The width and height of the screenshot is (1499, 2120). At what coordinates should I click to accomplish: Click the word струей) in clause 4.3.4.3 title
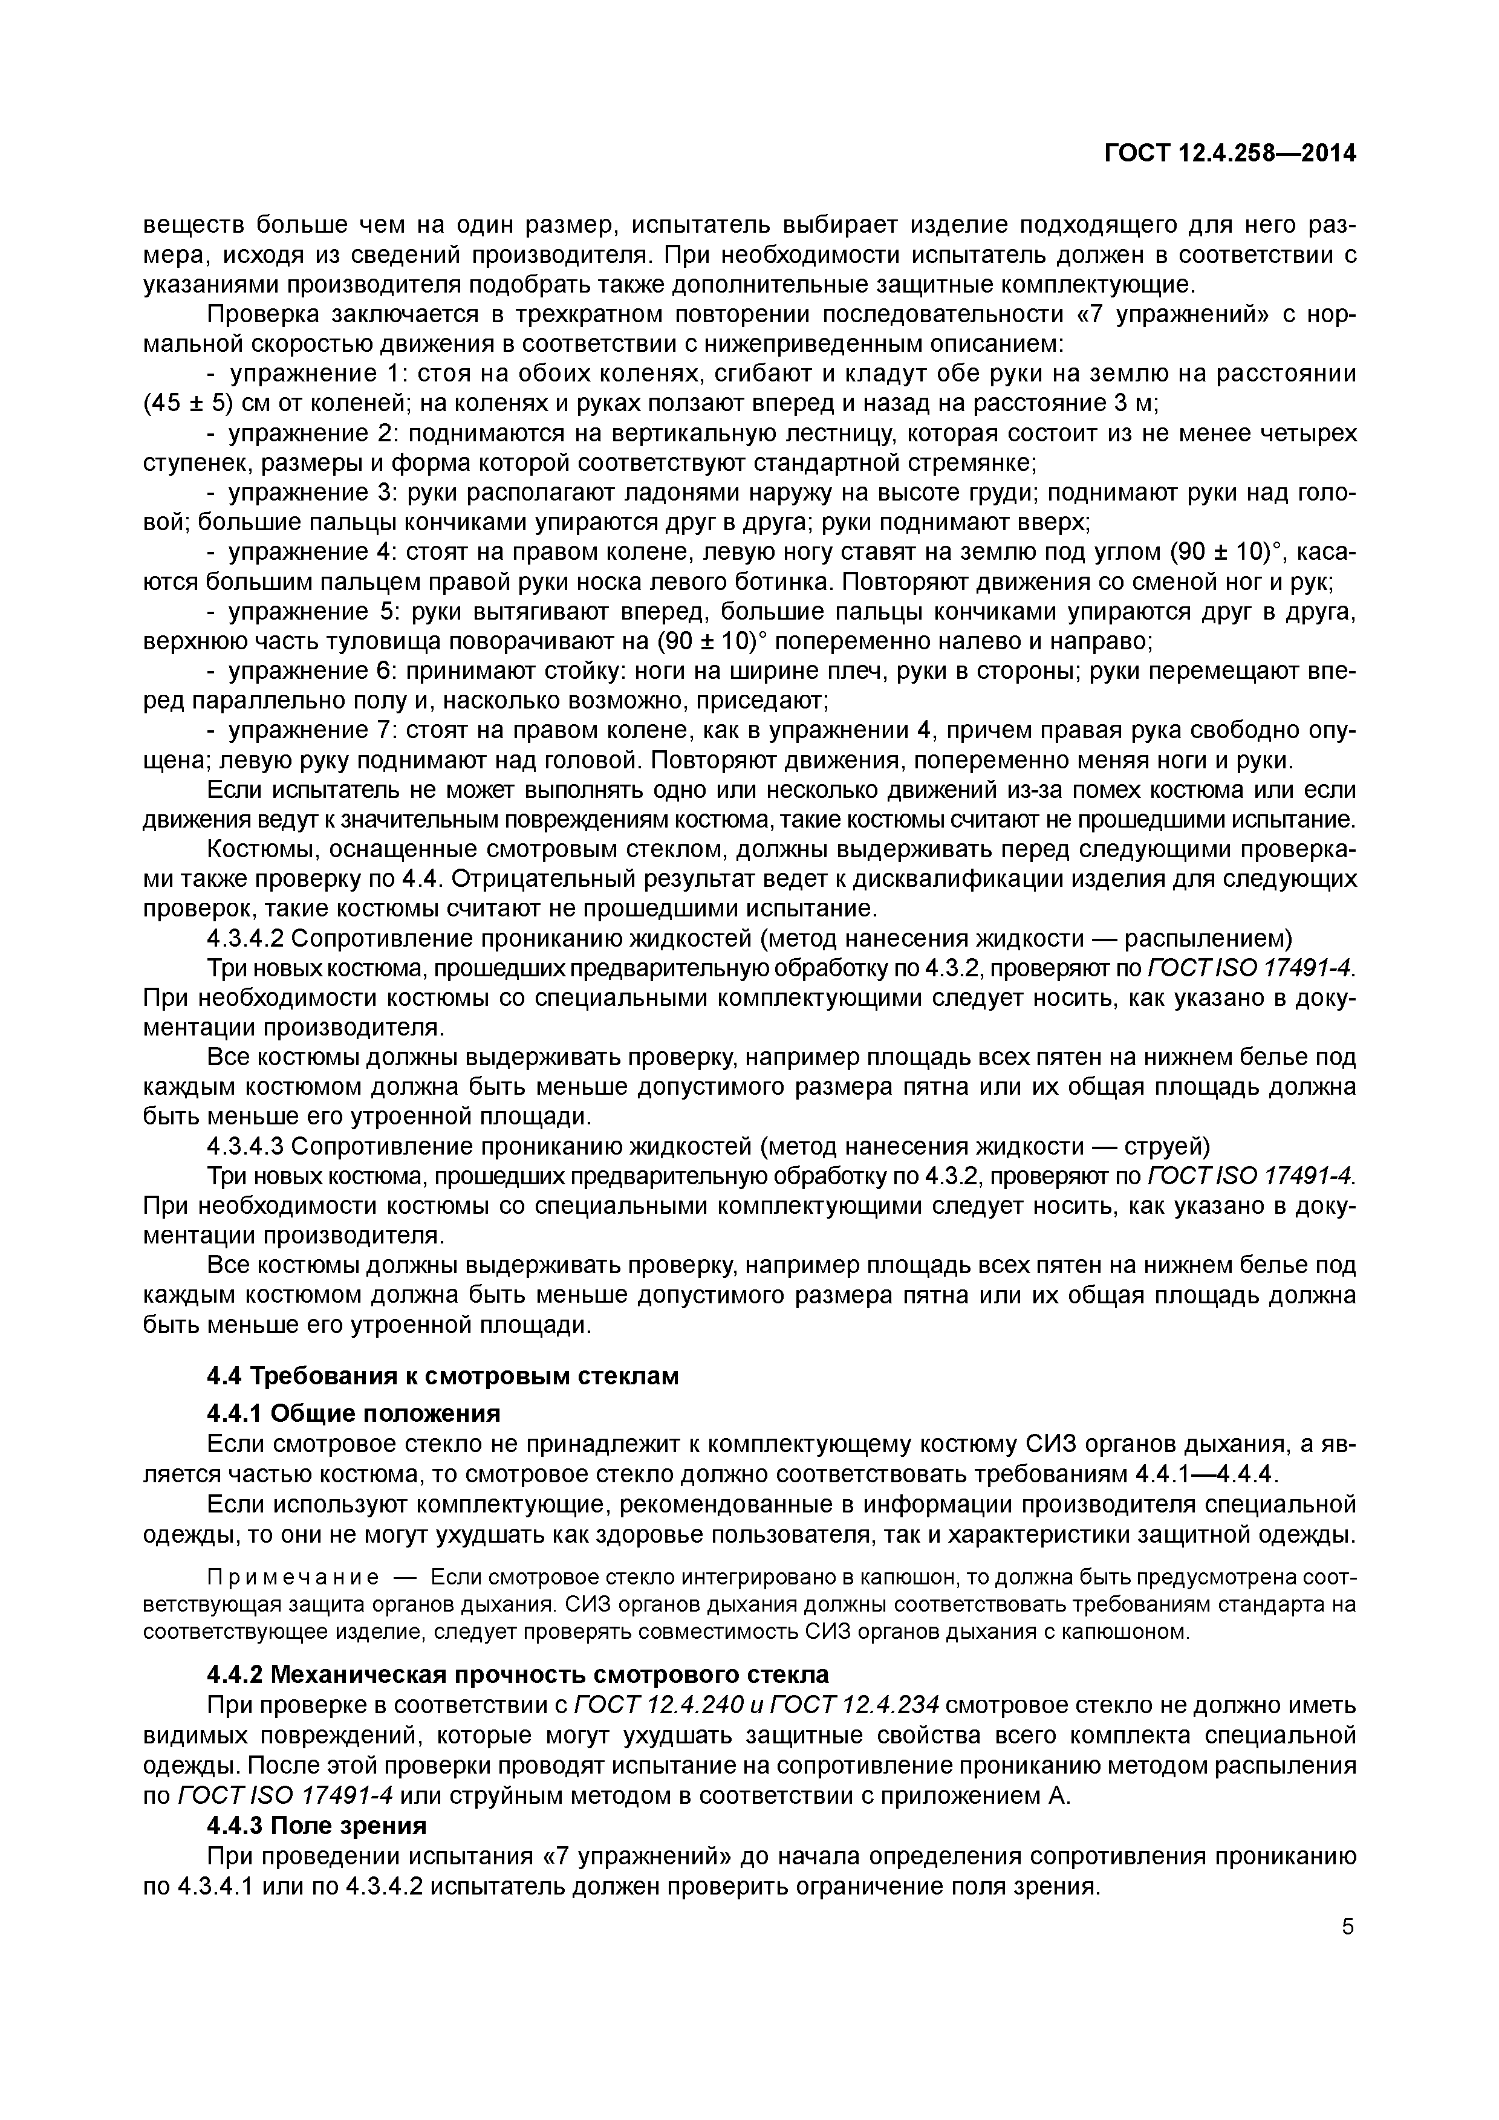1166,1147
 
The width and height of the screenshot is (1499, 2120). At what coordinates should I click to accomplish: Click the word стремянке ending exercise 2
963,462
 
